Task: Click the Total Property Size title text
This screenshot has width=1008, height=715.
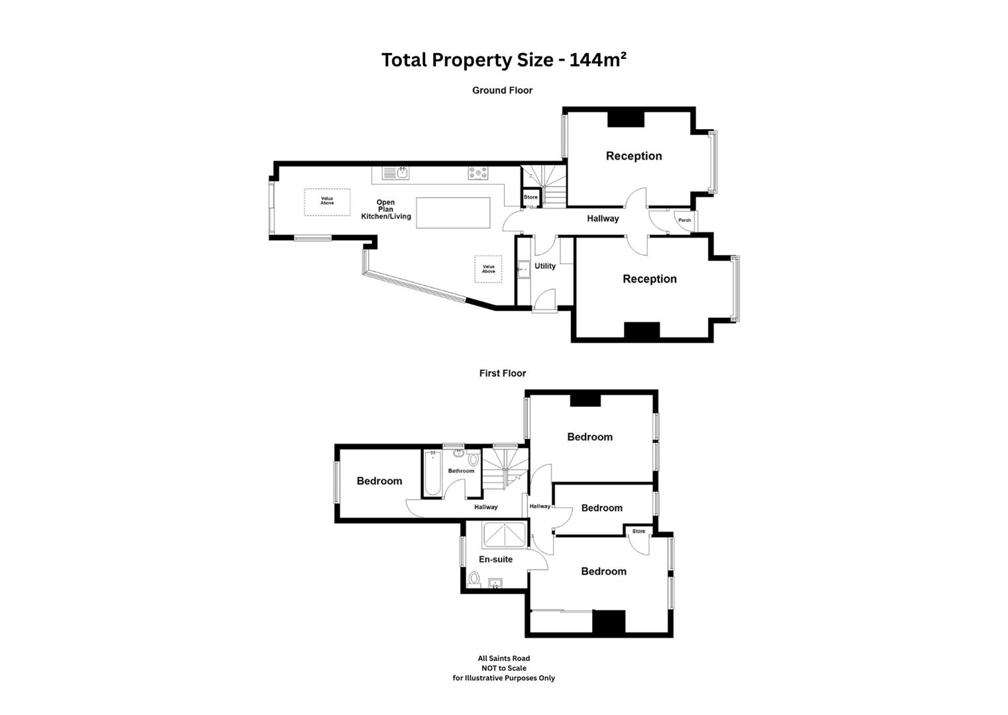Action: click(503, 60)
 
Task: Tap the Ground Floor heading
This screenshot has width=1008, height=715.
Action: click(502, 90)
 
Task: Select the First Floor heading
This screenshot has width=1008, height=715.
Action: click(503, 373)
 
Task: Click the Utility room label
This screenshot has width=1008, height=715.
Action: click(545, 266)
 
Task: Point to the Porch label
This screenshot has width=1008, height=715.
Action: click(685, 220)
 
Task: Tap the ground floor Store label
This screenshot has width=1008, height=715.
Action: click(530, 197)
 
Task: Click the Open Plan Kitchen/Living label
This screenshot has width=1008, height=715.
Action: click(385, 209)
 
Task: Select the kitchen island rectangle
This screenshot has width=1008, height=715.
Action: click(453, 213)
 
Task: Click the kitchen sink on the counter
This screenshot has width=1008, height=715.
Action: click(396, 173)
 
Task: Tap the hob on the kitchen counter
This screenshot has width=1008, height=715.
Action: click(478, 173)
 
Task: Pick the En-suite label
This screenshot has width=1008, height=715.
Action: click(495, 559)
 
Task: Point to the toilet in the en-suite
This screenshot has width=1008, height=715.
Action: click(474, 579)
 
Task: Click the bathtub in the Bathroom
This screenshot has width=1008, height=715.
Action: click(432, 474)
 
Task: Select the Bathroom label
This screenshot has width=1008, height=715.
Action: click(461, 471)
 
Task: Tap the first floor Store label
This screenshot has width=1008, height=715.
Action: click(638, 532)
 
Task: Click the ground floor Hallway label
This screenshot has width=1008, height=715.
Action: click(603, 218)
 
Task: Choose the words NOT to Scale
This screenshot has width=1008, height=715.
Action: click(504, 668)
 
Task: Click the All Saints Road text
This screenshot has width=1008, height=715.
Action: click(504, 658)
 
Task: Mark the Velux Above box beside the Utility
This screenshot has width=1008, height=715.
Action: click(488, 269)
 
